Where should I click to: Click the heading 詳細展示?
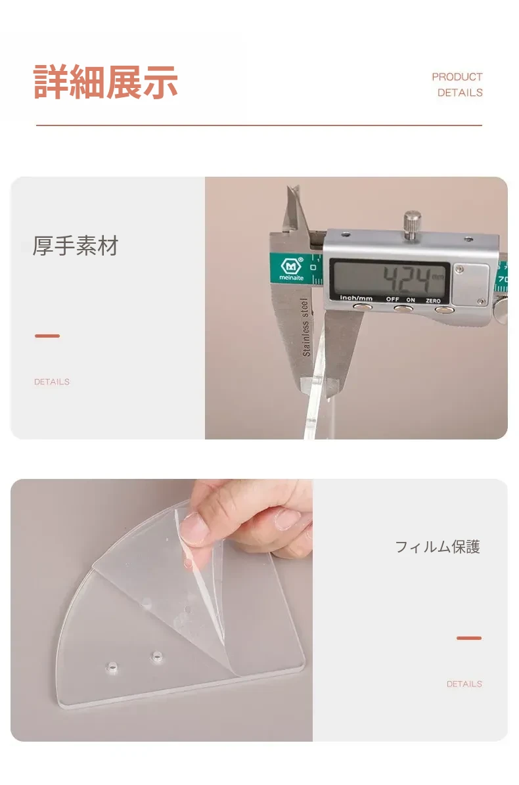(x=106, y=82)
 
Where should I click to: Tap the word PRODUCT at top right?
(x=457, y=77)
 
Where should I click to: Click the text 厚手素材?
(x=76, y=246)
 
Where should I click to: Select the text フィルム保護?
(x=438, y=547)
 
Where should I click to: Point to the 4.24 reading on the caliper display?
(x=407, y=279)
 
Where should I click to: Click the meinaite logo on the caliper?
(x=291, y=269)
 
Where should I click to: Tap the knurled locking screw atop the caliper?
(x=412, y=223)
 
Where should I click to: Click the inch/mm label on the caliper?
(x=356, y=298)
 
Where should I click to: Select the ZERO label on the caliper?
(x=433, y=300)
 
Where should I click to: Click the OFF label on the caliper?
(x=392, y=300)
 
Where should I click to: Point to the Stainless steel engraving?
(x=305, y=327)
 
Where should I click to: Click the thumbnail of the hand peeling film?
(x=162, y=610)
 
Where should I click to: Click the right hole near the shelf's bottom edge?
(x=157, y=655)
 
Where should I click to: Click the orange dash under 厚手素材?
(x=47, y=336)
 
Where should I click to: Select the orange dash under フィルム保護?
(x=469, y=639)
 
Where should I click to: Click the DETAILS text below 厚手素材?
(x=52, y=382)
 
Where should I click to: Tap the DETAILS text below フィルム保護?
(x=464, y=684)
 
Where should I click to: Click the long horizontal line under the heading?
(x=259, y=125)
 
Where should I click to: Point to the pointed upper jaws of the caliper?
(x=294, y=210)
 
